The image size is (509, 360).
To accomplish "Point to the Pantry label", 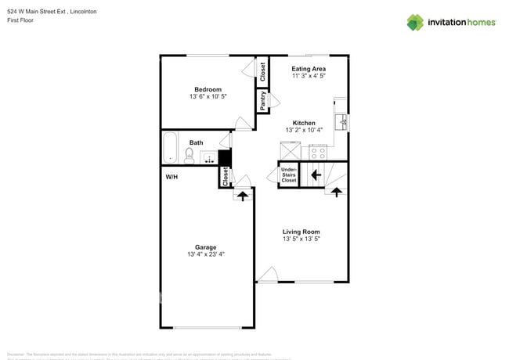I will point(263,100).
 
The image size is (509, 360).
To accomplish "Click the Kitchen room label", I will point(304,123).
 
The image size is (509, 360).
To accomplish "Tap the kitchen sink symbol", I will point(341,122).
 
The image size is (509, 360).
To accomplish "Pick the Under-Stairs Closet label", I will point(288,175).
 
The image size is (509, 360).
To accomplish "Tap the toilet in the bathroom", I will point(190,157).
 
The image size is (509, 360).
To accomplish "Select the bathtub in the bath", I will point(170,147).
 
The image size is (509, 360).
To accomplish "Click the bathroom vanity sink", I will point(208,158).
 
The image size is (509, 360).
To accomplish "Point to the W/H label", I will point(171,178).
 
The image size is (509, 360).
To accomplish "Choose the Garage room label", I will point(205,247).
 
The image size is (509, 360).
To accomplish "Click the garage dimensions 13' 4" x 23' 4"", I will point(205,255).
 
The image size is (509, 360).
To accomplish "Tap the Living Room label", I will point(301,231).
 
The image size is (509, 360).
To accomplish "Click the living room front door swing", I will point(267,275).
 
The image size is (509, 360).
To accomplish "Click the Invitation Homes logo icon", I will point(416,22).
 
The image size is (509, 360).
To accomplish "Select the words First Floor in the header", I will point(22,20).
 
